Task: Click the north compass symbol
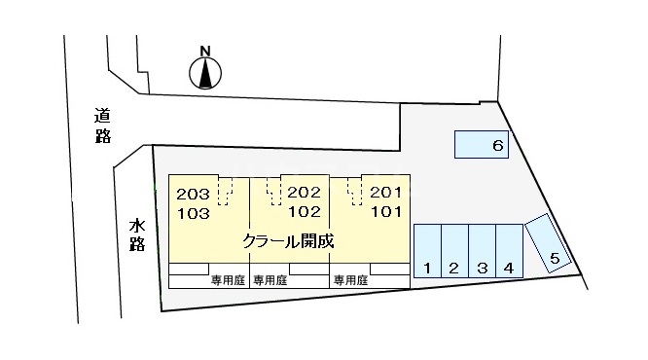pos(205,73)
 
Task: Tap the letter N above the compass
pos(205,51)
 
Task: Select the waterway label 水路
pos(136,234)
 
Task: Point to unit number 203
pos(194,194)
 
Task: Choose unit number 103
pos(194,211)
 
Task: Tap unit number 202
pos(305,193)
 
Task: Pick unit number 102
pos(305,210)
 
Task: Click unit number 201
pos(385,193)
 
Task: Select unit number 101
pos(385,210)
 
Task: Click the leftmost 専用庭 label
pos(228,280)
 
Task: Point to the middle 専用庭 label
pos(270,280)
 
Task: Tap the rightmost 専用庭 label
pos(350,280)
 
